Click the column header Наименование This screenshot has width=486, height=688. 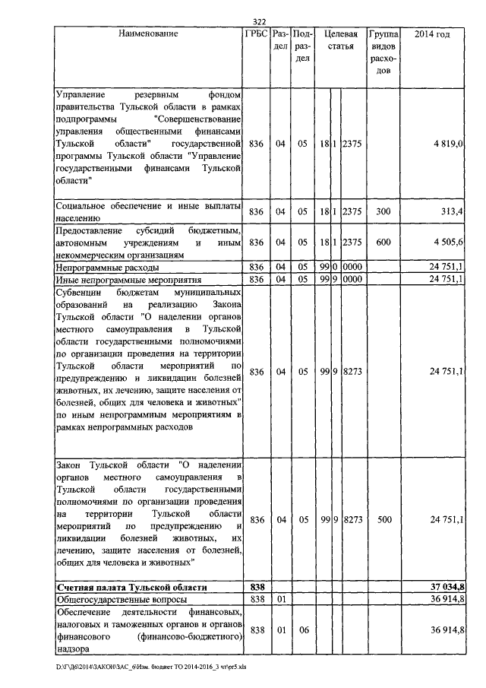[x=148, y=34]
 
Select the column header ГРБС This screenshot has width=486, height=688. [x=256, y=34]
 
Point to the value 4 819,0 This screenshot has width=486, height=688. [x=448, y=144]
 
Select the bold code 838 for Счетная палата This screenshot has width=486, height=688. [x=256, y=588]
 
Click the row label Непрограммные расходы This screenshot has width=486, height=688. [x=107, y=268]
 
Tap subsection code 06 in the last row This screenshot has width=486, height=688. [x=302, y=630]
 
